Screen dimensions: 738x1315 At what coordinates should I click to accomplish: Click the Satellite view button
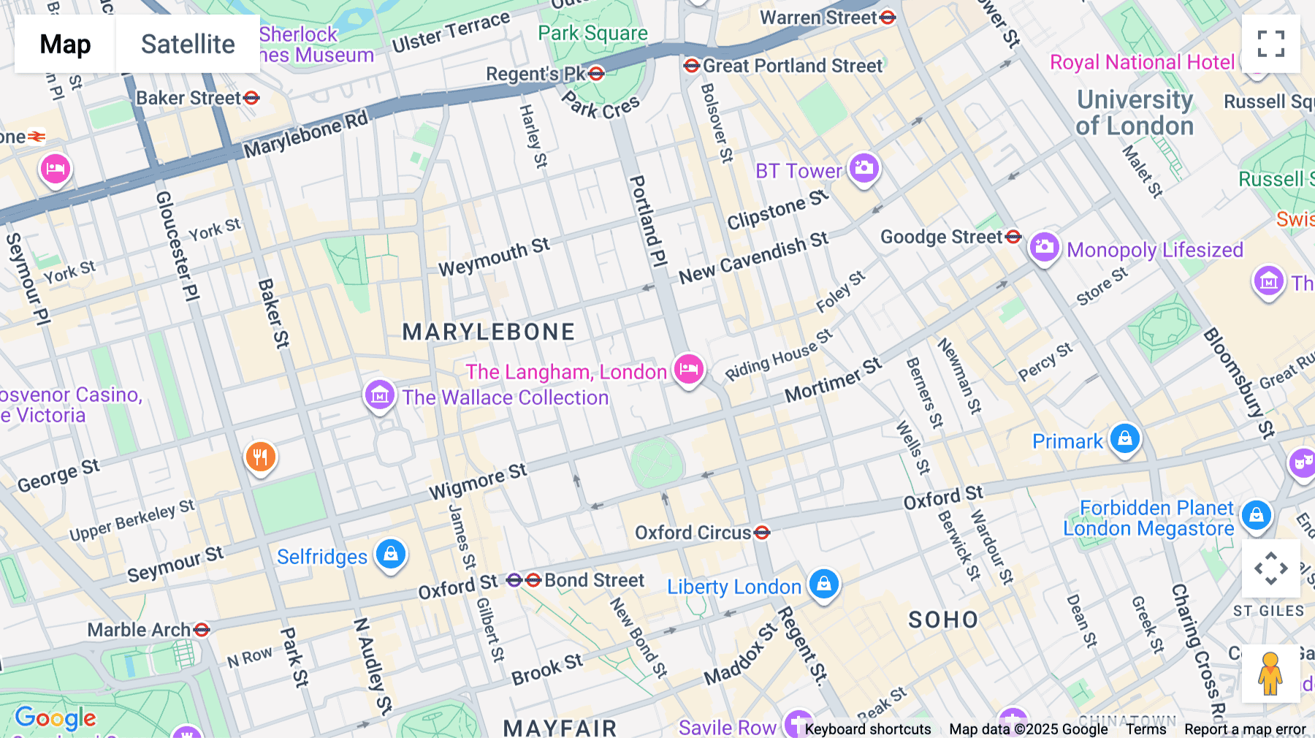[188, 44]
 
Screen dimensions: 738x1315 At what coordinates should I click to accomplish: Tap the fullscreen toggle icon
[1270, 44]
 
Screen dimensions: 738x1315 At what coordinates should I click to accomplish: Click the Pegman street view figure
[1270, 674]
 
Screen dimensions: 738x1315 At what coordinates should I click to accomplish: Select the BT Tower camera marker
[864, 168]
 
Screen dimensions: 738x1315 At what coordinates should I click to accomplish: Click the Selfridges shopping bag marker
[391, 554]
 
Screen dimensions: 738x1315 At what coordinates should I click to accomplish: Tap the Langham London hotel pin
[688, 368]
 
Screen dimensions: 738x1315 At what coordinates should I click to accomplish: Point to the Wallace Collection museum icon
[380, 395]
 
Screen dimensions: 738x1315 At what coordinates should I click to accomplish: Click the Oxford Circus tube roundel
[762, 533]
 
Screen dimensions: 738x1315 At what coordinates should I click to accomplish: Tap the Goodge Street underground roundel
[1013, 237]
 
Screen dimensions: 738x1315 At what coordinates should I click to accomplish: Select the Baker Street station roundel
[251, 97]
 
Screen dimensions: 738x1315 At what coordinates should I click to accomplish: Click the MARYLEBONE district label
[489, 332]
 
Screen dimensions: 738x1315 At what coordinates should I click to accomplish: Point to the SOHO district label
[943, 620]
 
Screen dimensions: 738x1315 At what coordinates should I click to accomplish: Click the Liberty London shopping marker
[824, 583]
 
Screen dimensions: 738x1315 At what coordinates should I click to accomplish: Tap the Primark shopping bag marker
[1125, 438]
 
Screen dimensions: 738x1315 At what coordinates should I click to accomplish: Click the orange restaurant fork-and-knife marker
[260, 457]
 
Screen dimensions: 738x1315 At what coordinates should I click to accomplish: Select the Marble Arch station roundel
[202, 629]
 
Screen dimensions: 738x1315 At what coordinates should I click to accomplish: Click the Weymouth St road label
[494, 257]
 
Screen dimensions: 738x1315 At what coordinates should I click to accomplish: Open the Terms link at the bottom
[1146, 729]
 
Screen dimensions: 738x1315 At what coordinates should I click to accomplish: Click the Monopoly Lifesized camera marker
[1045, 247]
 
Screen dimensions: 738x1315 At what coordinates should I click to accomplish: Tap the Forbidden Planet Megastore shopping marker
[1257, 515]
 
